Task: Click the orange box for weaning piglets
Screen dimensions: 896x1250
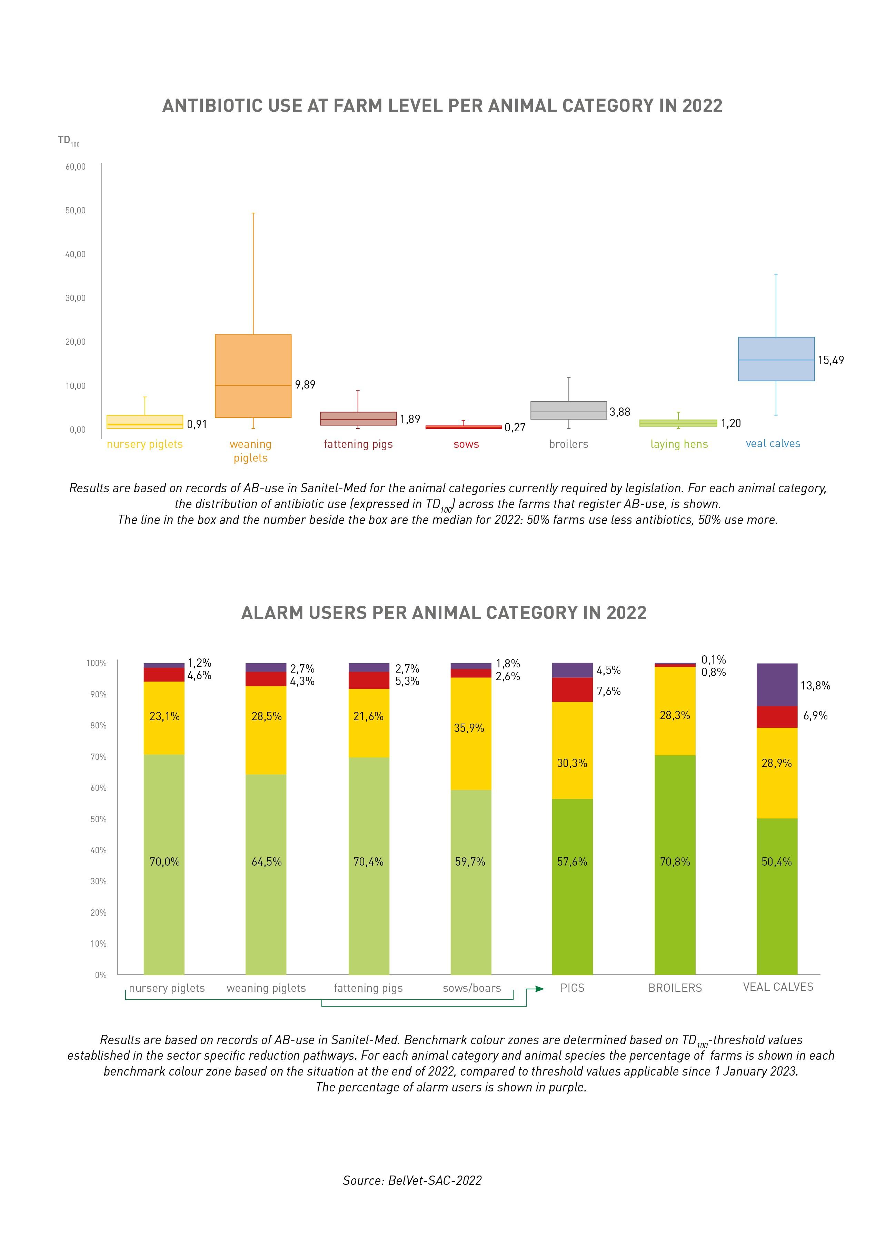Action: [253, 376]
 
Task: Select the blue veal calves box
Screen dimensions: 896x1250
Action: [776, 359]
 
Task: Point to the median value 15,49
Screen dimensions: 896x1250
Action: [830, 360]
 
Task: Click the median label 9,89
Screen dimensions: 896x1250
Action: [305, 385]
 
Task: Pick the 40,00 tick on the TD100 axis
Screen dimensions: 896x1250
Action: [76, 254]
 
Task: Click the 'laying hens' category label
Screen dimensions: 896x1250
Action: [679, 444]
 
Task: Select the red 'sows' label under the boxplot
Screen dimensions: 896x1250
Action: [466, 444]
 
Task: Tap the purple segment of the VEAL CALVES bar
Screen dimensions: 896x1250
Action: [777, 685]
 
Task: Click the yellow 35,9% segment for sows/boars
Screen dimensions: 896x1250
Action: [471, 734]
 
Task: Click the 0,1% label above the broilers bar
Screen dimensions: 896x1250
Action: [714, 660]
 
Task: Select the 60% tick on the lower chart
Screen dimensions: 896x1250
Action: [98, 788]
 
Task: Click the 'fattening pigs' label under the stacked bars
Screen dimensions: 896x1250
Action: [368, 988]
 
